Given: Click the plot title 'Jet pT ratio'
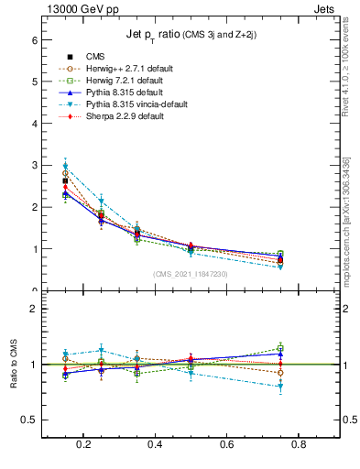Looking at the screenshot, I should point(191,35).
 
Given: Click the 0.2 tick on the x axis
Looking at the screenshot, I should point(84,445).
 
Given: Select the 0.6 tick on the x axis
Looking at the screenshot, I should point(226,445).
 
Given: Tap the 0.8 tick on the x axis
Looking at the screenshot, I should point(298,445).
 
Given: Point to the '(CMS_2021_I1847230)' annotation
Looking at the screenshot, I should point(191,274).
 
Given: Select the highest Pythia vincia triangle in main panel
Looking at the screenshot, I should point(65,166).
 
